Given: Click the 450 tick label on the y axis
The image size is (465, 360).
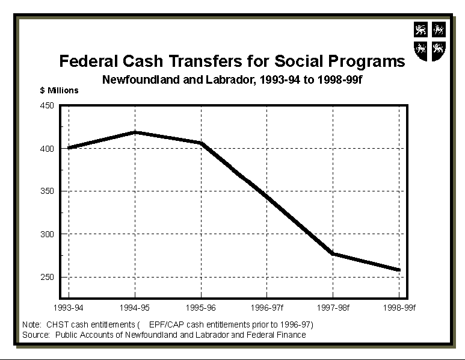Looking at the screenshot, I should pyautogui.click(x=47, y=106).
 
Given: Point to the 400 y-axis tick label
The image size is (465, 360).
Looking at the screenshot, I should pyautogui.click(x=47, y=149).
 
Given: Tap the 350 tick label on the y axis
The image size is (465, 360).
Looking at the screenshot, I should pyautogui.click(x=47, y=191).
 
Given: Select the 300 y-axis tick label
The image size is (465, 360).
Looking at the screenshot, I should pyautogui.click(x=47, y=234).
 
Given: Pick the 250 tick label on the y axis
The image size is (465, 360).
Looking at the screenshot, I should pyautogui.click(x=47, y=277).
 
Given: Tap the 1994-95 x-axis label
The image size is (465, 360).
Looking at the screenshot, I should pyautogui.click(x=135, y=308).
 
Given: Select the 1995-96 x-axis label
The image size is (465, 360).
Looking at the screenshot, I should pyautogui.click(x=201, y=308).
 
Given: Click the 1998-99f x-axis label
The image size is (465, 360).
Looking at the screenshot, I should pyautogui.click(x=399, y=308).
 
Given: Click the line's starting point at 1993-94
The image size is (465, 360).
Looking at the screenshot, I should pyautogui.click(x=69, y=147).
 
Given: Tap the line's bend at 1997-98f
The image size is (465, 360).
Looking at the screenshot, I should pyautogui.click(x=333, y=253).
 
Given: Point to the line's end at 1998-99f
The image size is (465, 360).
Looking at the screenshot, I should pyautogui.click(x=398, y=270).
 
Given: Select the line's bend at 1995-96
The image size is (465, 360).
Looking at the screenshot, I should pyautogui.click(x=201, y=143).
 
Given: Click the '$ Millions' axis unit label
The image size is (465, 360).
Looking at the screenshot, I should pyautogui.click(x=59, y=91).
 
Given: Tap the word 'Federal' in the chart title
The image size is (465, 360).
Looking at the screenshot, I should pyautogui.click(x=85, y=61).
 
